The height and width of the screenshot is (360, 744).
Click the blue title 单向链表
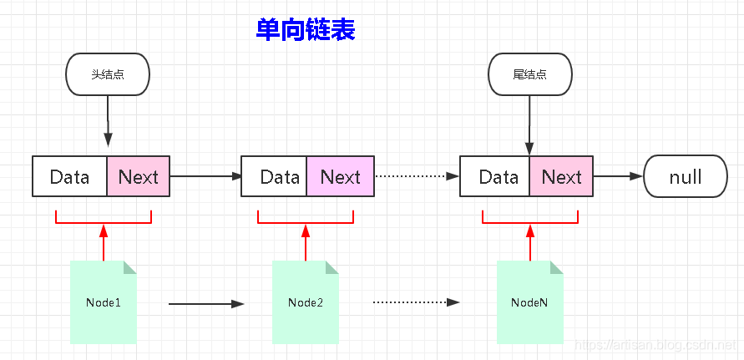coord(306,30)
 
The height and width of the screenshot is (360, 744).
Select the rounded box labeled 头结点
coord(108,74)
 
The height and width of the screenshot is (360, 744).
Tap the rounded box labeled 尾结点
coord(529,74)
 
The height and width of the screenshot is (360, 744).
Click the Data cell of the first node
coord(70,176)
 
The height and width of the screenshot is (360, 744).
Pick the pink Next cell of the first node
coord(138,176)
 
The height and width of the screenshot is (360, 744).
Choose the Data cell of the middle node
coord(274,176)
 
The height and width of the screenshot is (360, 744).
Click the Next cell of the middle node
coord(340,176)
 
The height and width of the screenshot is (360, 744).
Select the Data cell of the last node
coord(494,176)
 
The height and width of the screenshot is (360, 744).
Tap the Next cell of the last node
coord(561,176)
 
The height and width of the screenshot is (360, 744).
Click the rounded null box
coord(685,176)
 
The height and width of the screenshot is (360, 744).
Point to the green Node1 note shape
coord(104,302)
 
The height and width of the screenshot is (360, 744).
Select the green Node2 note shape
coord(306,302)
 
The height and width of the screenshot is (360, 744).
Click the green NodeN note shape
coord(529,302)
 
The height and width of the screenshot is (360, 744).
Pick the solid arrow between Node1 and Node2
coord(205,304)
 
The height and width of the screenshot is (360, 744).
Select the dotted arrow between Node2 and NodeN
coord(416,302)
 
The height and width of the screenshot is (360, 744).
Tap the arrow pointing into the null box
coord(618,176)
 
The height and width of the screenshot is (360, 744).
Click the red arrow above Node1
coord(104,242)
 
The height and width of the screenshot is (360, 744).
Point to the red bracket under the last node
coord(530,222)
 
